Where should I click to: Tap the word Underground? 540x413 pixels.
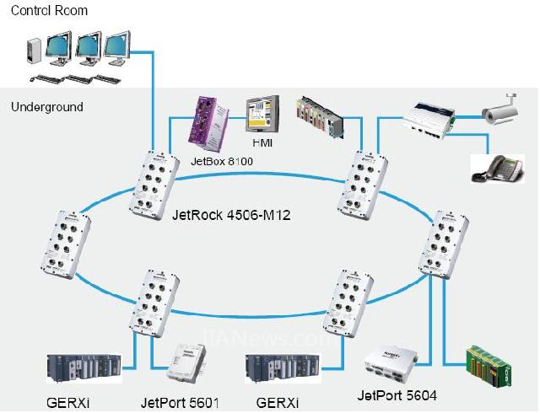click(47, 107)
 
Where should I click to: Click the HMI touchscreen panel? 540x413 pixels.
click(262, 114)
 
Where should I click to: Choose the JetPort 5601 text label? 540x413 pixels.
click(180, 402)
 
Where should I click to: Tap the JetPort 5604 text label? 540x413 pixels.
click(397, 394)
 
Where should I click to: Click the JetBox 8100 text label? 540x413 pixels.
click(222, 160)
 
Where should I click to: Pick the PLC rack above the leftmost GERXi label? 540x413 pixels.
click(81, 368)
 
